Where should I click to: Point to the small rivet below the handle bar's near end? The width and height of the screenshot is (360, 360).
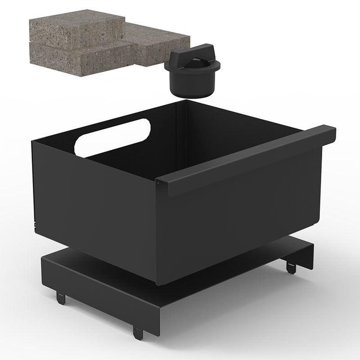159,182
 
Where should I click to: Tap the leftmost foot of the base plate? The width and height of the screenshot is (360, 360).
60,297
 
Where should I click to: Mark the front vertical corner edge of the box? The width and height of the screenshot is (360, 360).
159,234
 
